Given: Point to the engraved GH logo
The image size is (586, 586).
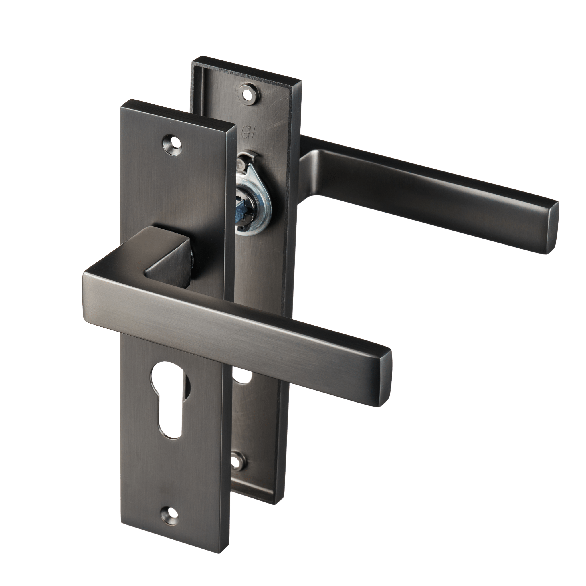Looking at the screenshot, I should [247, 131].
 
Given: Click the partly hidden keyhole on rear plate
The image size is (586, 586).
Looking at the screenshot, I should [243, 378].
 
